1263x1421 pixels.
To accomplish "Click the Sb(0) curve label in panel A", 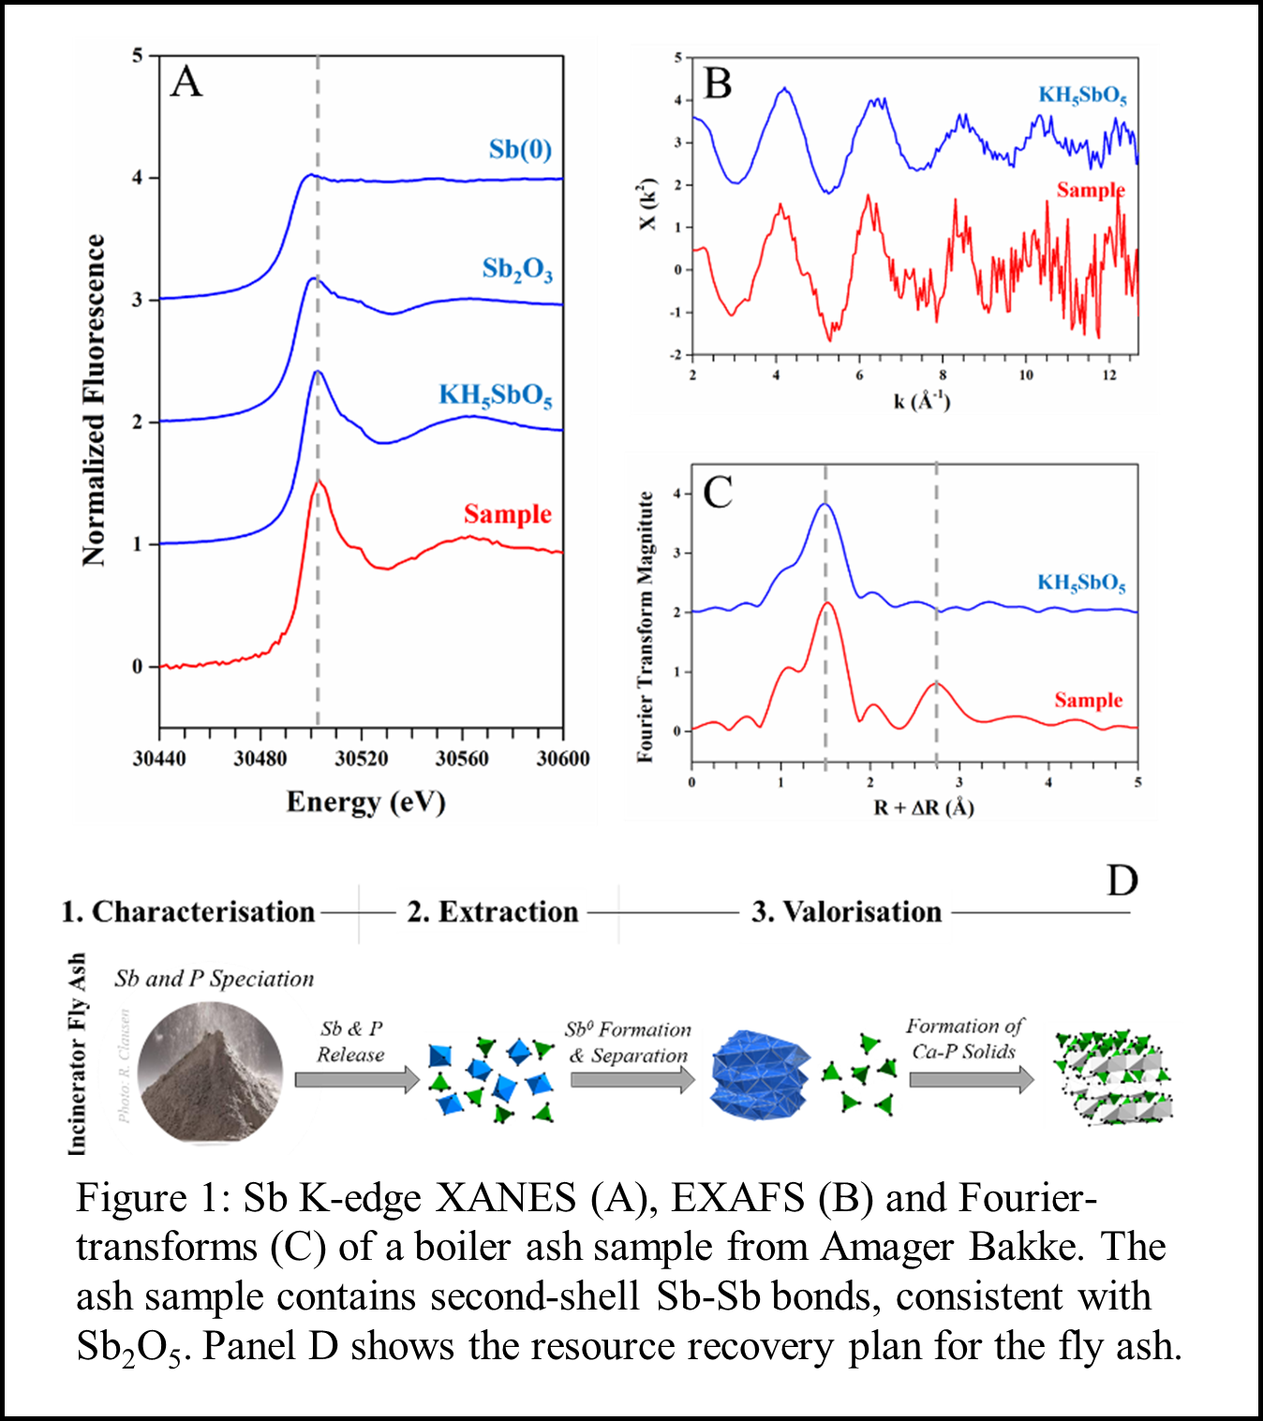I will point(520,150).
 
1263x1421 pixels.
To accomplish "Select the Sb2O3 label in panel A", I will point(517,270).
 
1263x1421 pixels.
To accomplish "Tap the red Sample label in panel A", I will point(507,514).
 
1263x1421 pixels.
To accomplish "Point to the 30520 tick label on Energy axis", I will point(361,758).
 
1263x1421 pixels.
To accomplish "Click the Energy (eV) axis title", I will point(365,803).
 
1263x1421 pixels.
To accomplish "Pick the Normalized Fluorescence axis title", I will point(94,400).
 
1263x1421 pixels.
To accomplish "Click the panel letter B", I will point(717,83).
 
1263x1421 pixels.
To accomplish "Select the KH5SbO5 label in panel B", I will point(1082,96).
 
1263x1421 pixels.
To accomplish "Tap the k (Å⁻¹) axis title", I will point(921,401).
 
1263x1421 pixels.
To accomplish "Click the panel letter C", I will point(718,492).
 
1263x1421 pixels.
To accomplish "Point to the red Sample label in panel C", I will point(1088,700).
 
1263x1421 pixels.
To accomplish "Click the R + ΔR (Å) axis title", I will point(923,807).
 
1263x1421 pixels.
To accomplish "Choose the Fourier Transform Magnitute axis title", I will point(645,627).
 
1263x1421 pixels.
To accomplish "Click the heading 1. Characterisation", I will point(188,911).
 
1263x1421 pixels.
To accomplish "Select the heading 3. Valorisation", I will point(846,911).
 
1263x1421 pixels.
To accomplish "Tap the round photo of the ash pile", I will point(210,1073).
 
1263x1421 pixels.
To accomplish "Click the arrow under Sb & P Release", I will point(357,1080).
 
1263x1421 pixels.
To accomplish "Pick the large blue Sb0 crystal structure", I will point(759,1075).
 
